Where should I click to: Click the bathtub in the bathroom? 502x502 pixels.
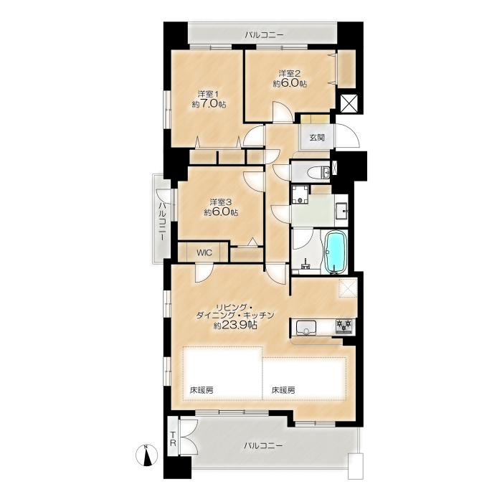coord(336,252)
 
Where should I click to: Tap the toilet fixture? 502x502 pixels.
coord(318,173)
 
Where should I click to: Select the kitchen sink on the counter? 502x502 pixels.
coord(306,328)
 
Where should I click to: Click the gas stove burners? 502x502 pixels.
coord(344,327)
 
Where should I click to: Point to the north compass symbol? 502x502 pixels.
coord(146,455)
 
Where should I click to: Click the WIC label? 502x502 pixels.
coord(204,252)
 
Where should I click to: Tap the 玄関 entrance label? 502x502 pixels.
coord(317,138)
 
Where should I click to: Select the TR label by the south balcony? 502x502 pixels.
coord(173,439)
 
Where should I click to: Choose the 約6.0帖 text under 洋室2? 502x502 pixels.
coord(290,84)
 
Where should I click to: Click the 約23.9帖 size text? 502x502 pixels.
coord(235,326)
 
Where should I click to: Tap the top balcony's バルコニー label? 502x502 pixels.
coord(264,34)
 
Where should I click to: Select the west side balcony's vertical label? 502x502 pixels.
coord(163,221)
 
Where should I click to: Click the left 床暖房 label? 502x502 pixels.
coord(202,390)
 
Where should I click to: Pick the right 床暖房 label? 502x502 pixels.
coord(283,390)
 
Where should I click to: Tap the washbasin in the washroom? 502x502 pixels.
coord(341,210)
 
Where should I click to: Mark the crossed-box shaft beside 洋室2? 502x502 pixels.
coord(349,103)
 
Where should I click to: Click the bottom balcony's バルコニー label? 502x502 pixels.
coord(263,445)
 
